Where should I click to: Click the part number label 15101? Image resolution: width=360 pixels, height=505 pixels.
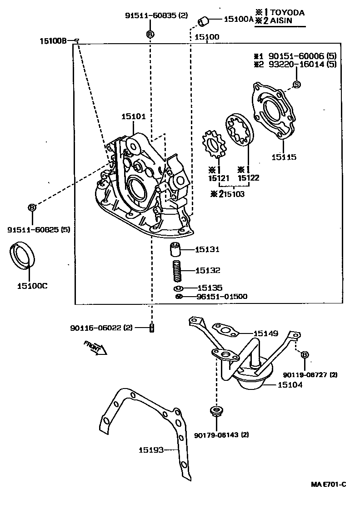133,116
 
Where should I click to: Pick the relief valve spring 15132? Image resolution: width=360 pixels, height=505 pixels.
176,271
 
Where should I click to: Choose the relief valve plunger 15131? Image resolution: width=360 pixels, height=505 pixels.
176,250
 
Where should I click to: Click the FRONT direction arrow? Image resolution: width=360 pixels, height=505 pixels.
95,348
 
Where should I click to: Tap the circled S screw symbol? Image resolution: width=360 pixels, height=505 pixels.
296,84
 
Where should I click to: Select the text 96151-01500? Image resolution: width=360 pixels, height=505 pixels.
222,297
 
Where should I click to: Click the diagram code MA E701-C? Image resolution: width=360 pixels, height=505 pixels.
328,484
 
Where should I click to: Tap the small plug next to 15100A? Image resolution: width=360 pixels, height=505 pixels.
204,20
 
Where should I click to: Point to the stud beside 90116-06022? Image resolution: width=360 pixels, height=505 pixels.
153,327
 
